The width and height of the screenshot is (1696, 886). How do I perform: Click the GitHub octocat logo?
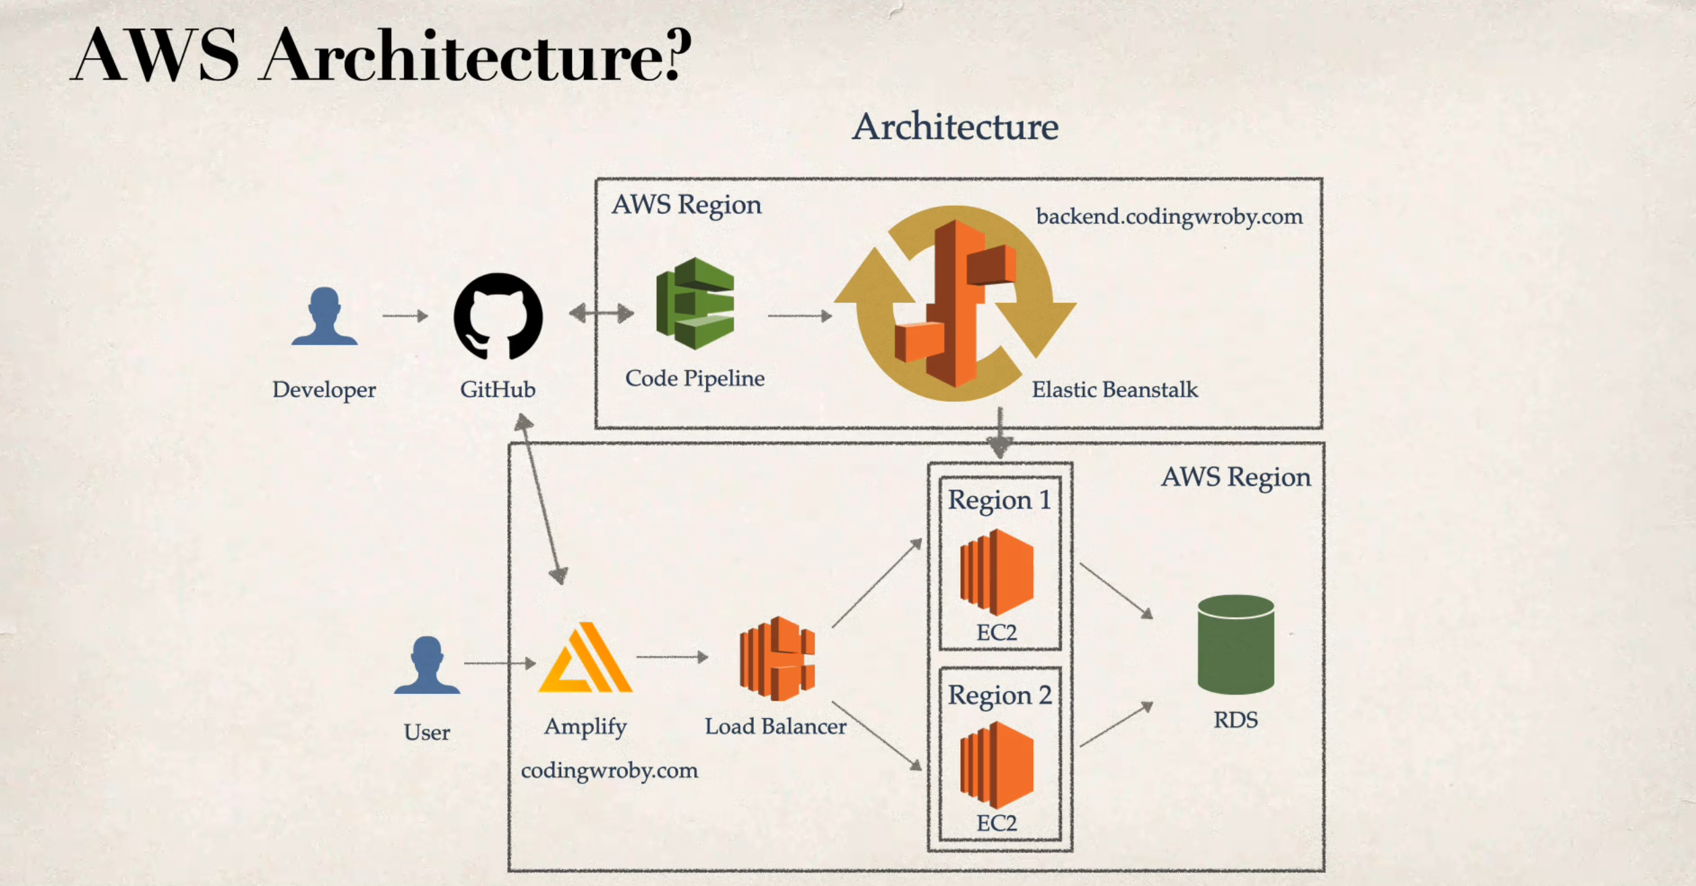(x=498, y=316)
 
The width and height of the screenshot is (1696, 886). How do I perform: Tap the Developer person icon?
(x=324, y=316)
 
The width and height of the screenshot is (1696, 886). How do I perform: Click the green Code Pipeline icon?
(x=695, y=303)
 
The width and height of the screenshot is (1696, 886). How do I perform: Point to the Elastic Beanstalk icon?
(x=956, y=303)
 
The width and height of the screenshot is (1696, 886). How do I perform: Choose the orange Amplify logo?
(x=585, y=658)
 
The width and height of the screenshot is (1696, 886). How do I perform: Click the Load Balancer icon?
(x=777, y=658)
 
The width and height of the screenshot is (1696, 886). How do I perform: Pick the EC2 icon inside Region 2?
(x=997, y=765)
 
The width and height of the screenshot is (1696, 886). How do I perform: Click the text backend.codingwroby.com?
(x=1169, y=216)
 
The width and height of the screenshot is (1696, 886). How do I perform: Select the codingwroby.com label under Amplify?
(x=609, y=770)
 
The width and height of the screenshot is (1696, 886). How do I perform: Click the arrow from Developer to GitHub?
(x=405, y=316)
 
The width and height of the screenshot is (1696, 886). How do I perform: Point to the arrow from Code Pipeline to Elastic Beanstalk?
(x=800, y=315)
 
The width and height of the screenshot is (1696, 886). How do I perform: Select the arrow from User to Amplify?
(x=500, y=663)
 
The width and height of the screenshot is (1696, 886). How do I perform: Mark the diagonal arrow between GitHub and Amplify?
(x=541, y=499)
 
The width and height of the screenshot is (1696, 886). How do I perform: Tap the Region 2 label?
(x=999, y=695)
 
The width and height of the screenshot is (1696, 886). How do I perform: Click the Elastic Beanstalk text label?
(x=1115, y=390)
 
